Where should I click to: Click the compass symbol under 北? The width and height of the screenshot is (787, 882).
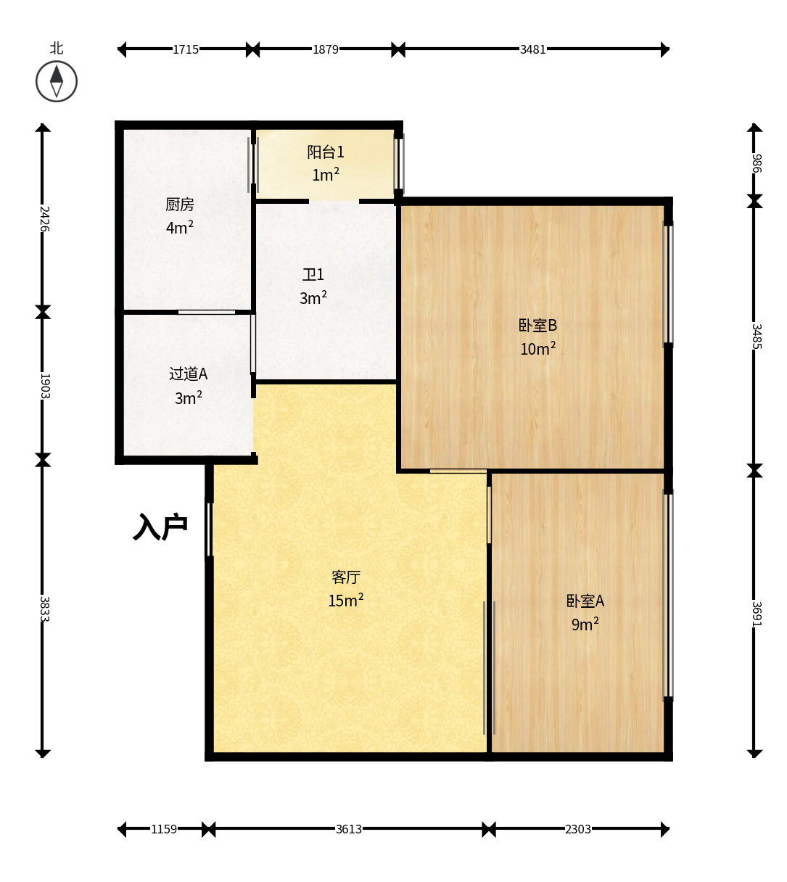(x=57, y=81)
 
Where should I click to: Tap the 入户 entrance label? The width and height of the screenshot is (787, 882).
(x=160, y=527)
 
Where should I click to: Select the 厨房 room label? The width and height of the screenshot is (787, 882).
(x=179, y=205)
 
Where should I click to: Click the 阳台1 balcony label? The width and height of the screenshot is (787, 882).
(x=326, y=152)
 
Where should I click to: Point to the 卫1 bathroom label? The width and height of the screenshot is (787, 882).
(x=313, y=275)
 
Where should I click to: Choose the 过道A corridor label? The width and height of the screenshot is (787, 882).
(x=188, y=374)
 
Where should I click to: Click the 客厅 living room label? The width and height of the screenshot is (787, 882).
(x=346, y=577)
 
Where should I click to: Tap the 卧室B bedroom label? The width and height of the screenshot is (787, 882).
(x=537, y=325)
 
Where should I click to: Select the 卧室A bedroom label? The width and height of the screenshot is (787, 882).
(x=585, y=601)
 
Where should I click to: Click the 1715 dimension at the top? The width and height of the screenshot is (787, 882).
(x=186, y=49)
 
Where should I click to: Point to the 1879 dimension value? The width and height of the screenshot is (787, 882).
(x=326, y=49)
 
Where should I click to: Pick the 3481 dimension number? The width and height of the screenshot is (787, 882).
(x=533, y=49)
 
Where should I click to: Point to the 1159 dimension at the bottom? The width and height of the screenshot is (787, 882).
(x=164, y=829)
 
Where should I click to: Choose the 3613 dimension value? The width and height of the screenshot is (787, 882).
(x=349, y=829)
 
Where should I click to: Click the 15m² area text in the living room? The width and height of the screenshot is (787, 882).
(x=345, y=601)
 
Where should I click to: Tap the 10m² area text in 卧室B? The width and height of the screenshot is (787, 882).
(x=538, y=348)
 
